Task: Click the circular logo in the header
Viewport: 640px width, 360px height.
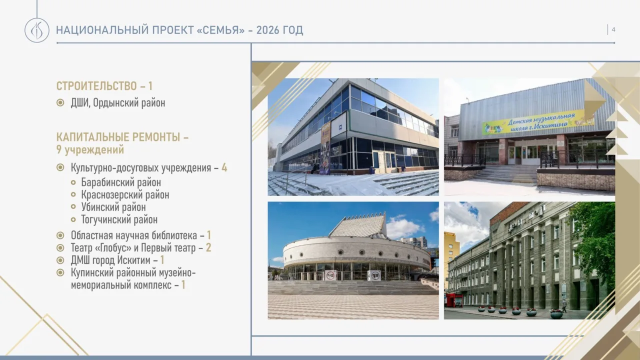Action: (37, 30)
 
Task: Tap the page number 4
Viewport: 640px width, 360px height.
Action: (613, 29)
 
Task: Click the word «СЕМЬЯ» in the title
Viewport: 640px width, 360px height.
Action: (221, 30)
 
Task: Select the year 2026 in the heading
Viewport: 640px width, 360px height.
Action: (268, 30)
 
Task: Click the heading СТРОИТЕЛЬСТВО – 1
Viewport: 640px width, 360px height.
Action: (104, 85)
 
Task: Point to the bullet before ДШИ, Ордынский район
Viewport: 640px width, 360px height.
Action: (60, 102)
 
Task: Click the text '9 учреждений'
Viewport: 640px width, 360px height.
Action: (90, 149)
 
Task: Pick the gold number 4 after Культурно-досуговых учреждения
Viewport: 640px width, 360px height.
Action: (224, 167)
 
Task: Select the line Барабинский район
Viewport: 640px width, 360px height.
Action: (121, 182)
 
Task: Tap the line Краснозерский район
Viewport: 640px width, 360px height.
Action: (125, 194)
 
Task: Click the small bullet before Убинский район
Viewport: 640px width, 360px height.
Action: (73, 206)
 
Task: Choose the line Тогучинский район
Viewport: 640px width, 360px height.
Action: (119, 219)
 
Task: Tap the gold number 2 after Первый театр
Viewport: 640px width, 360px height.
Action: (208, 247)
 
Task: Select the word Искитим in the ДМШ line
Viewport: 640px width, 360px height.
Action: (132, 260)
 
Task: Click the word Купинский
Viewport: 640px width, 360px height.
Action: (91, 272)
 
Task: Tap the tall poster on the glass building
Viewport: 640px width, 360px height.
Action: (325, 147)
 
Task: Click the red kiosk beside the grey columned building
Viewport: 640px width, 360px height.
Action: (453, 300)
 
